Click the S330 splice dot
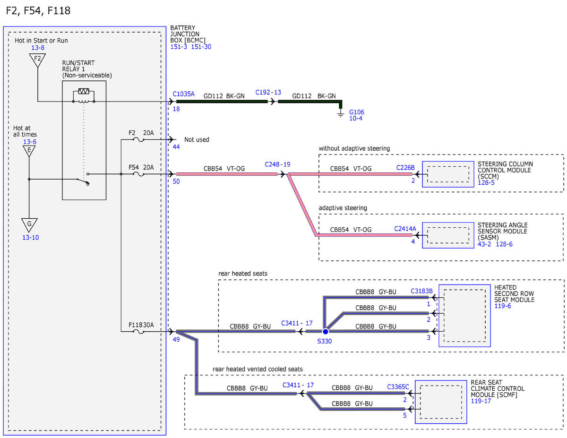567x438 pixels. (x=325, y=331)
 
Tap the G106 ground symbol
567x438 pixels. (x=340, y=113)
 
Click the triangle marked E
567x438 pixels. (x=29, y=151)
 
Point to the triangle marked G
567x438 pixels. (x=29, y=225)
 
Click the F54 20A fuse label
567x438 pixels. (x=141, y=167)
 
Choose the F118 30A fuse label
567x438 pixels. (x=141, y=325)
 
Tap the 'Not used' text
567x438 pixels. (x=197, y=139)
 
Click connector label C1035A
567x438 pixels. (x=183, y=94)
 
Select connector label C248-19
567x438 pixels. (x=277, y=164)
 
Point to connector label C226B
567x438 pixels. (x=405, y=168)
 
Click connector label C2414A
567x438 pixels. (x=405, y=229)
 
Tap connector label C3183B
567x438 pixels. (x=421, y=291)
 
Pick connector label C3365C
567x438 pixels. (x=398, y=386)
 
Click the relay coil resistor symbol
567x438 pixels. (x=84, y=91)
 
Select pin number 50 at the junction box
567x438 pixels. (x=176, y=181)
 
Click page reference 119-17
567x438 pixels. (x=481, y=401)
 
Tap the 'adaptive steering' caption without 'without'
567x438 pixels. (x=343, y=208)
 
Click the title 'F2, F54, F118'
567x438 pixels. (x=38, y=11)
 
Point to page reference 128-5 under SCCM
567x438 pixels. (x=486, y=182)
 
